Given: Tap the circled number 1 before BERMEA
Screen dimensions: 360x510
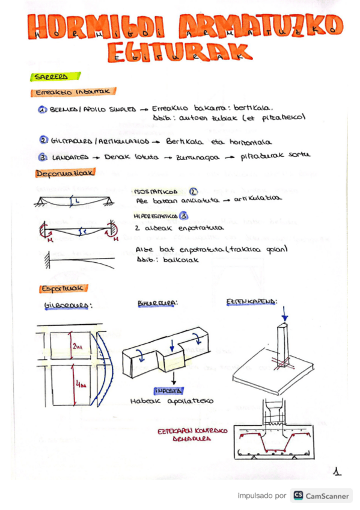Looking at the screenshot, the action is coord(43,111).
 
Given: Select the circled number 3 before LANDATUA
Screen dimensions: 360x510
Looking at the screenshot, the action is coord(43,157).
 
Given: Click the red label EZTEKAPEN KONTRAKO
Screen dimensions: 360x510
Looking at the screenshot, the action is coord(187,431).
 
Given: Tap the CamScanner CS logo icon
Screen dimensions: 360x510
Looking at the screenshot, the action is coord(297,495).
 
